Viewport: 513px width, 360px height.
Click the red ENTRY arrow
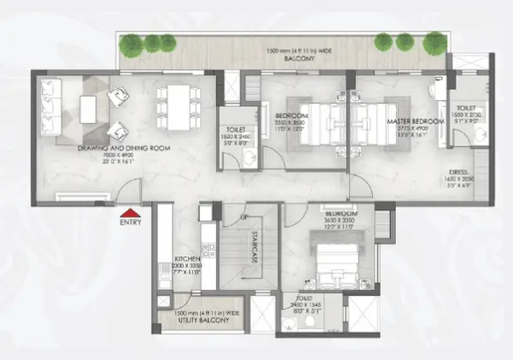129,214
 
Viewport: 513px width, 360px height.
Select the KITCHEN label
186,257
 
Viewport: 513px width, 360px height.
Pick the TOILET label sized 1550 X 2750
469,107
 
